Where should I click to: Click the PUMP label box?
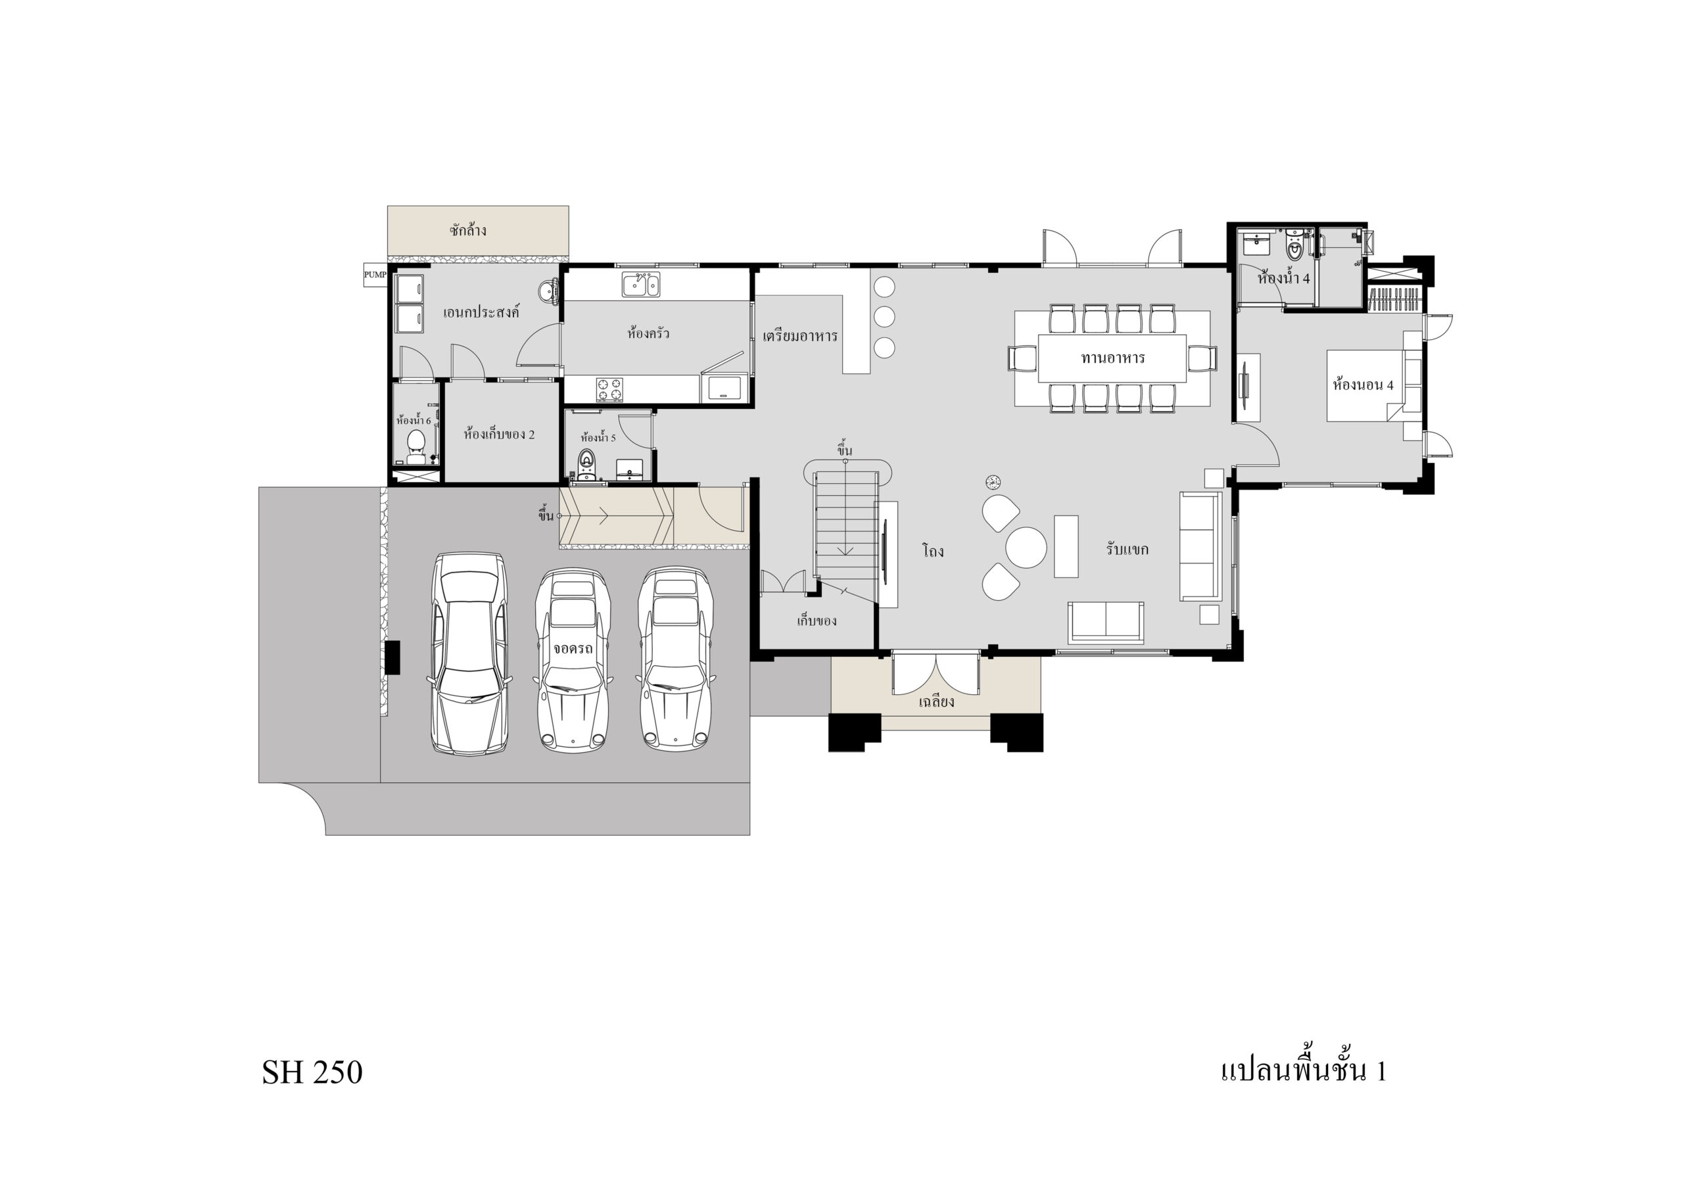375,275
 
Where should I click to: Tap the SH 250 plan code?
312,1072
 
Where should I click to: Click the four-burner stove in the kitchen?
609,390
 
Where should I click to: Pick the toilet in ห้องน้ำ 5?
587,464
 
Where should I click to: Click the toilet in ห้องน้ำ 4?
1295,249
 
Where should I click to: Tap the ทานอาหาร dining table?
1112,358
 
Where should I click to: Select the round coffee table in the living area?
1026,547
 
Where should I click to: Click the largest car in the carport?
469,654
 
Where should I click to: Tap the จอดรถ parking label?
573,648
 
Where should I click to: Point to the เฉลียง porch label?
936,702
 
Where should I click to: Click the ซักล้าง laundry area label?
467,230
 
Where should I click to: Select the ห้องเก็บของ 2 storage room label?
499,434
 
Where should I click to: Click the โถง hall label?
933,551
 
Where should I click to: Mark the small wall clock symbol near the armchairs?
993,482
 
